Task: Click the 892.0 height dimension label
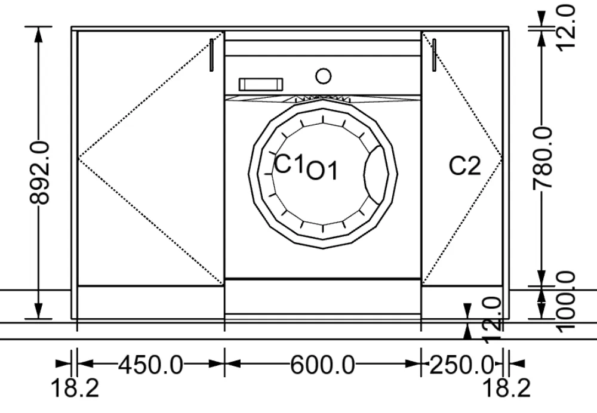[39, 173]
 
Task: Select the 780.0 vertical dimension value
[542, 158]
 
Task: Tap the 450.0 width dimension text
[151, 365]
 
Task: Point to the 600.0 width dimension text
[323, 365]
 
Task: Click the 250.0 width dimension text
[462, 365]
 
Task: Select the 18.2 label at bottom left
[75, 389]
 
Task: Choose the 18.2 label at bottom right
[506, 389]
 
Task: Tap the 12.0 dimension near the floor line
[494, 320]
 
